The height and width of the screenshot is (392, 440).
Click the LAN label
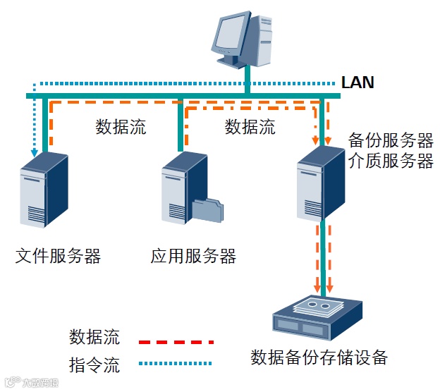[x=357, y=82]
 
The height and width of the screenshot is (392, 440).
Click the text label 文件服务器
[x=58, y=255]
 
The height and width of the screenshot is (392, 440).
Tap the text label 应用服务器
[x=193, y=255]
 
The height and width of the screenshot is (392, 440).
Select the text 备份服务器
[x=391, y=140]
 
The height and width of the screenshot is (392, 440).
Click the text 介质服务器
[x=391, y=161]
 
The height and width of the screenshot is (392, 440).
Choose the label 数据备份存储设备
[x=319, y=357]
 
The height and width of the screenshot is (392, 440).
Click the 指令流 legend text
[x=94, y=365]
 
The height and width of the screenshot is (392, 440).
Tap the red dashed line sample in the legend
[x=176, y=342]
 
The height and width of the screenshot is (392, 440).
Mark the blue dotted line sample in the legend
[x=176, y=364]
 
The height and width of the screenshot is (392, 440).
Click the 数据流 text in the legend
[x=94, y=336]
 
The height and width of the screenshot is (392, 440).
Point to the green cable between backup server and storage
[x=322, y=257]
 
